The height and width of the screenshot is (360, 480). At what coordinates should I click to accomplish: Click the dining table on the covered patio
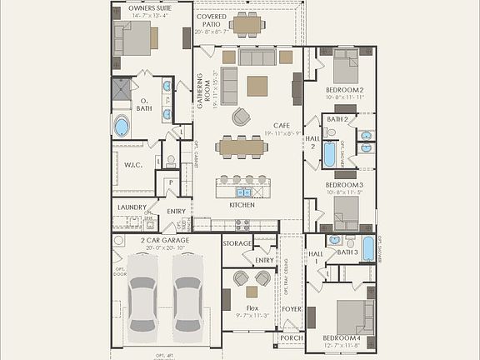247,25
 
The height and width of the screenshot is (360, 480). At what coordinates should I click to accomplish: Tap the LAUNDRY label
132,207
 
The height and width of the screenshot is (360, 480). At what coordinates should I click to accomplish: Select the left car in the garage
142,292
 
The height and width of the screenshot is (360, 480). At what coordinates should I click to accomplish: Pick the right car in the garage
187,292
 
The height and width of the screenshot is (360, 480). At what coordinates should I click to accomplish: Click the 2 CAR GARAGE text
164,240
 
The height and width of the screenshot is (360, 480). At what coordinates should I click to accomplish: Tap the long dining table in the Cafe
241,147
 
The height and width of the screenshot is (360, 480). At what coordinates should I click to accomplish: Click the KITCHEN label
242,204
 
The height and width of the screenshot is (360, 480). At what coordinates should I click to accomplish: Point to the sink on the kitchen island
241,192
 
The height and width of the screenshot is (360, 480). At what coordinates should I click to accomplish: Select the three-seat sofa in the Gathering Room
257,57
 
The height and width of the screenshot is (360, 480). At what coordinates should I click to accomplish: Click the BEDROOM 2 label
344,89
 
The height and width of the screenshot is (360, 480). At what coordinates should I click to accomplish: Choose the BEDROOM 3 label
343,184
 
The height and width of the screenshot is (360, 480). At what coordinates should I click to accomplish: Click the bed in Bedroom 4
355,317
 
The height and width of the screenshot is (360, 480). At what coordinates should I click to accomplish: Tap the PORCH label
291,337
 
